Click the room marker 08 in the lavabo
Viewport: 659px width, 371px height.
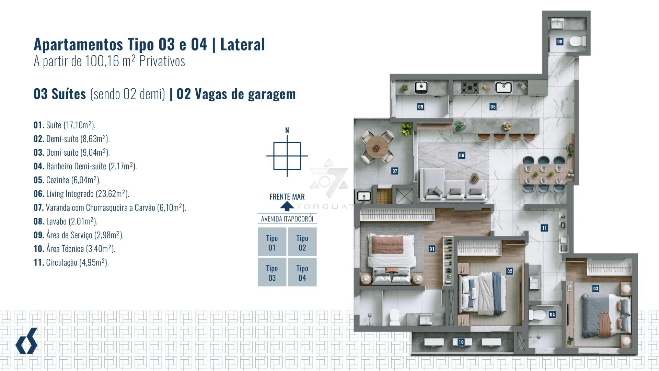(x=560, y=42)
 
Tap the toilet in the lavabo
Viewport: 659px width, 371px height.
(x=578, y=42)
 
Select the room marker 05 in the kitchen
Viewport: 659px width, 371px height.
(x=493, y=106)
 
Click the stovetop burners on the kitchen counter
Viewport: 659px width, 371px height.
(x=470, y=88)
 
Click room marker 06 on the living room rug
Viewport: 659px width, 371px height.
(x=462, y=155)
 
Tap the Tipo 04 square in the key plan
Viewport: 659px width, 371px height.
(x=302, y=272)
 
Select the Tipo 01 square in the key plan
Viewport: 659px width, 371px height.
(x=272, y=242)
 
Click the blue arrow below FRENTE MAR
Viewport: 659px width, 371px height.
(x=287, y=206)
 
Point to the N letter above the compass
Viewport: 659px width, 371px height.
(x=287, y=130)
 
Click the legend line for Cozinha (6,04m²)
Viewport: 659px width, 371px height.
(x=67, y=180)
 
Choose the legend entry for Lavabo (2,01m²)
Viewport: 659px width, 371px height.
(x=66, y=221)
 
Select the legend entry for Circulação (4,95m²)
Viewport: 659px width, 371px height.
(x=71, y=262)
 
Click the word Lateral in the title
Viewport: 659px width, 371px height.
(x=242, y=44)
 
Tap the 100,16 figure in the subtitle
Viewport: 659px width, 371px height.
(x=102, y=61)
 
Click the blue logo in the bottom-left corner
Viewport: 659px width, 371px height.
(x=26, y=341)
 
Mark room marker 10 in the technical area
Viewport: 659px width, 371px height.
(x=461, y=342)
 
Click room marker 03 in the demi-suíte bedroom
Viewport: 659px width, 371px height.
(x=596, y=288)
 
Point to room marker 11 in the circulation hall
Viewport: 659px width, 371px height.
(x=544, y=228)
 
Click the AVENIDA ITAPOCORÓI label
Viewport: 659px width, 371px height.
(x=287, y=219)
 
